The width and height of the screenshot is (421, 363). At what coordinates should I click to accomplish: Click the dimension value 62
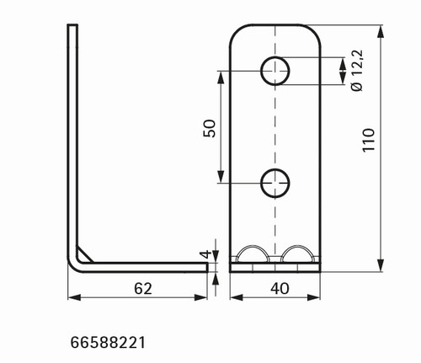(x=143, y=289)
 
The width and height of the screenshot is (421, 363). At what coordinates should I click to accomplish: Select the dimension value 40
(x=280, y=289)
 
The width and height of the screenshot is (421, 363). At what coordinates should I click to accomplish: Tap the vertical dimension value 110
(x=368, y=141)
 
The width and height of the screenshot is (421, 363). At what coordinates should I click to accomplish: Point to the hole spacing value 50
(x=210, y=128)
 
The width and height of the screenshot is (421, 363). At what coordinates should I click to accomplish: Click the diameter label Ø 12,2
(x=357, y=70)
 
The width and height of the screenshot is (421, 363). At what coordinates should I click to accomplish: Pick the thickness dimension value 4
(x=206, y=254)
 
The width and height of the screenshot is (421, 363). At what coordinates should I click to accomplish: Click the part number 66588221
(x=108, y=343)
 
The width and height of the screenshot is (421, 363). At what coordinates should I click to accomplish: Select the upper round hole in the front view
(x=275, y=71)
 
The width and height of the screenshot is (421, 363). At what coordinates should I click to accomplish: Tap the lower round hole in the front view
(x=275, y=183)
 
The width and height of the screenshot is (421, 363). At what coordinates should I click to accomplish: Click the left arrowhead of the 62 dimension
(x=74, y=297)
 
